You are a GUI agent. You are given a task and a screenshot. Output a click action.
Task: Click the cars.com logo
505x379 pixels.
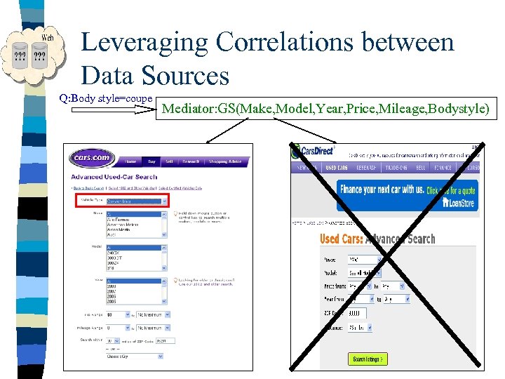point(92,157)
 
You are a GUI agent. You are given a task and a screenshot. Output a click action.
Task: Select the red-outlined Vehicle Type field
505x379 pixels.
point(122,201)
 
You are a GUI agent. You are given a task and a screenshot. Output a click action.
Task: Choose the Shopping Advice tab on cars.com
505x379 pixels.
point(224,161)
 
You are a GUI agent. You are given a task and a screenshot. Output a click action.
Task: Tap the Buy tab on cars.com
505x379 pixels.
point(151,161)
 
